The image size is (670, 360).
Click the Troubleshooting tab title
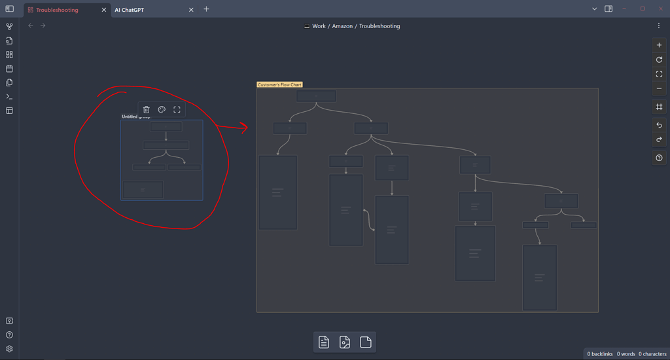click(57, 10)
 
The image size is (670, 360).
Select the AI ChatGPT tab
click(129, 10)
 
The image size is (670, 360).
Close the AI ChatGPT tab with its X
click(191, 10)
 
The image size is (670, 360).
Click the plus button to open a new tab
click(206, 9)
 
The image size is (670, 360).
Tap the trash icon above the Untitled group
click(147, 109)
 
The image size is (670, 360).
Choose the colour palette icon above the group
click(162, 109)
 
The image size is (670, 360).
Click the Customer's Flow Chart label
click(279, 84)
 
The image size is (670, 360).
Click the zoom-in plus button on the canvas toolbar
click(659, 45)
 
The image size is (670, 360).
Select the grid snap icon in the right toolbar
click(659, 107)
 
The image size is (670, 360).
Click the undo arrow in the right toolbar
click(659, 125)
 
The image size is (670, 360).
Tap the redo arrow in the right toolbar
click(659, 139)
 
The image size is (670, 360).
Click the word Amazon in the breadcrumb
click(342, 26)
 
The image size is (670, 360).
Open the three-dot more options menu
click(658, 26)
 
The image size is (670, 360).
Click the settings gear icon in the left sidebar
click(9, 349)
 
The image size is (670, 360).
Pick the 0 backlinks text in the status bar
click(599, 354)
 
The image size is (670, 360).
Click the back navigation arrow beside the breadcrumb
click(31, 26)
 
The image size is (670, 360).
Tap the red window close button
click(660, 9)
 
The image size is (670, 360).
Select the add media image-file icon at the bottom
click(345, 342)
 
